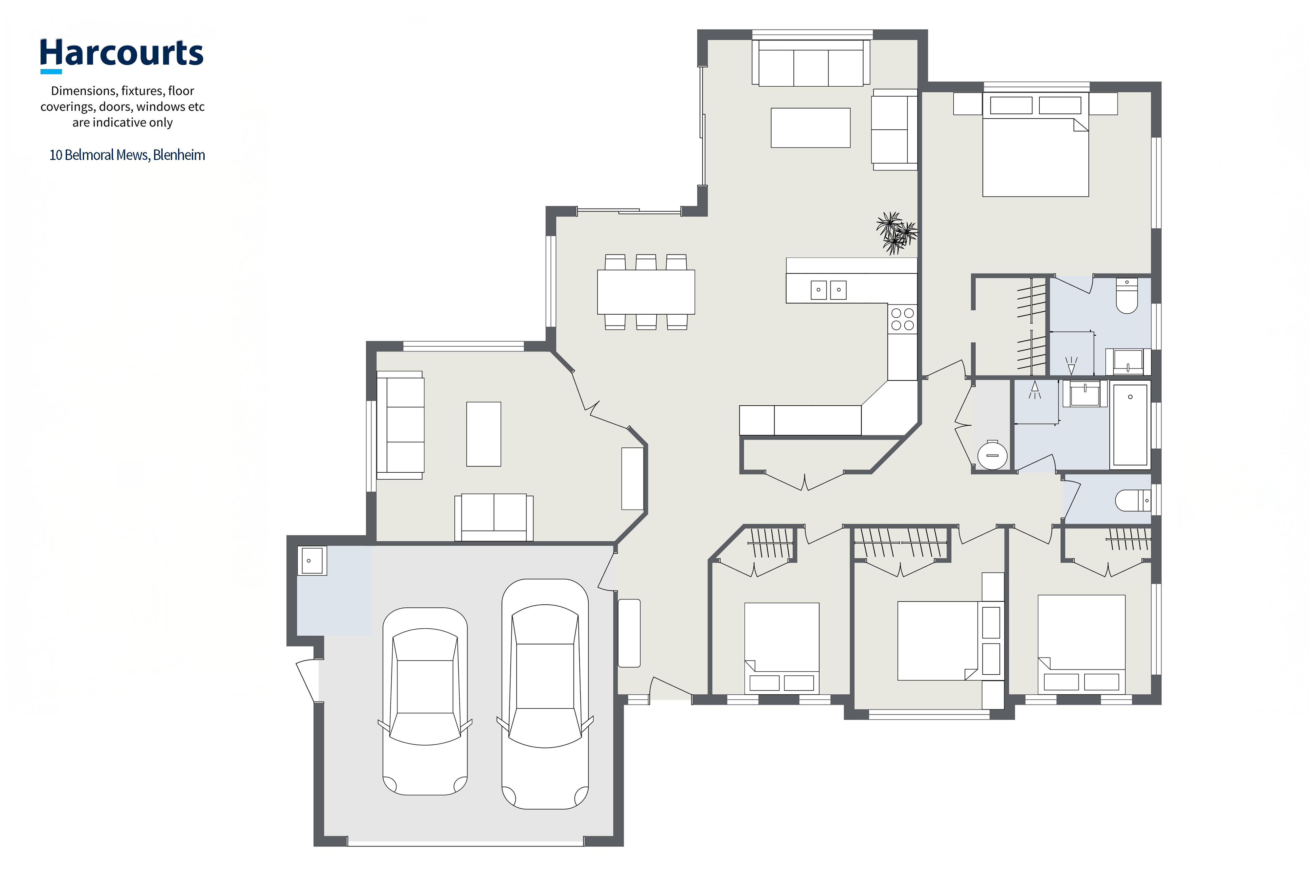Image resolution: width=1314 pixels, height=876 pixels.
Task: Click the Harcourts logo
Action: (x=122, y=55)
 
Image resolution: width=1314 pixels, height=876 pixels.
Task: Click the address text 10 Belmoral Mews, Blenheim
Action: (x=127, y=155)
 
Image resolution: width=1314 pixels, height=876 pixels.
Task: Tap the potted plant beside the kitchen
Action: (x=896, y=233)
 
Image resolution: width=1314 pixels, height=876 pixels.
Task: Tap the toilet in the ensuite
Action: (x=1126, y=296)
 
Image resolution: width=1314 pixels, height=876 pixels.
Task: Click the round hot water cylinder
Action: (x=992, y=455)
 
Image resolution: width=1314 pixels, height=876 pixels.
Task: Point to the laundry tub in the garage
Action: (x=312, y=560)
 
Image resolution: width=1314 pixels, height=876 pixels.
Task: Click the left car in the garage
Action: (x=425, y=701)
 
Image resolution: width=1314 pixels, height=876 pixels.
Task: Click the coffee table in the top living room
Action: (x=811, y=128)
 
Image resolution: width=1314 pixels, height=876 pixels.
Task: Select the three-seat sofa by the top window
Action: (x=811, y=62)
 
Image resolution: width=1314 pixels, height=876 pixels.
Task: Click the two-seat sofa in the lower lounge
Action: (x=494, y=517)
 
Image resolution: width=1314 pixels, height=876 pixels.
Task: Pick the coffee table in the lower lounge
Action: (x=484, y=434)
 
